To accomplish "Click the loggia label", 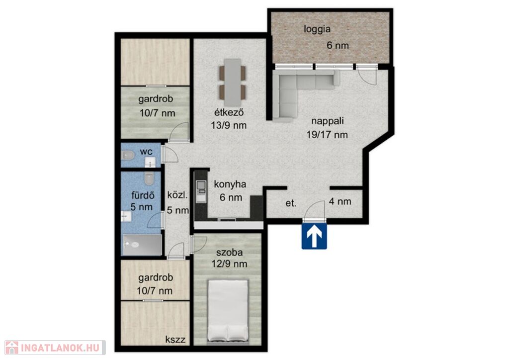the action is tap(317, 29).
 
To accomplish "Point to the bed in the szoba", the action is tap(228, 311).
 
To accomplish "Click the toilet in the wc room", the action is tap(128, 156).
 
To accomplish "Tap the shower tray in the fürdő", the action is tap(142, 245).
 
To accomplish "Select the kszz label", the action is tap(175, 340).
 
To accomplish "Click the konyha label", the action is tap(230, 184).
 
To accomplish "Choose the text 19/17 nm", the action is tap(327, 134).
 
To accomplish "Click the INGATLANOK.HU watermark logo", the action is tap(55, 348).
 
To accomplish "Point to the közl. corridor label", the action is tap(177, 195).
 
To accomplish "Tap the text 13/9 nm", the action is tap(229, 125).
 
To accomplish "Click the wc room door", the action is tap(170, 154).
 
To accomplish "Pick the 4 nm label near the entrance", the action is tap(340, 201).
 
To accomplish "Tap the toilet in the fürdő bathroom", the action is tap(149, 178).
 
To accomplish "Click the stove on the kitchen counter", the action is tap(201, 185).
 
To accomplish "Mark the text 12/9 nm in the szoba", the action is tap(229, 264).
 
